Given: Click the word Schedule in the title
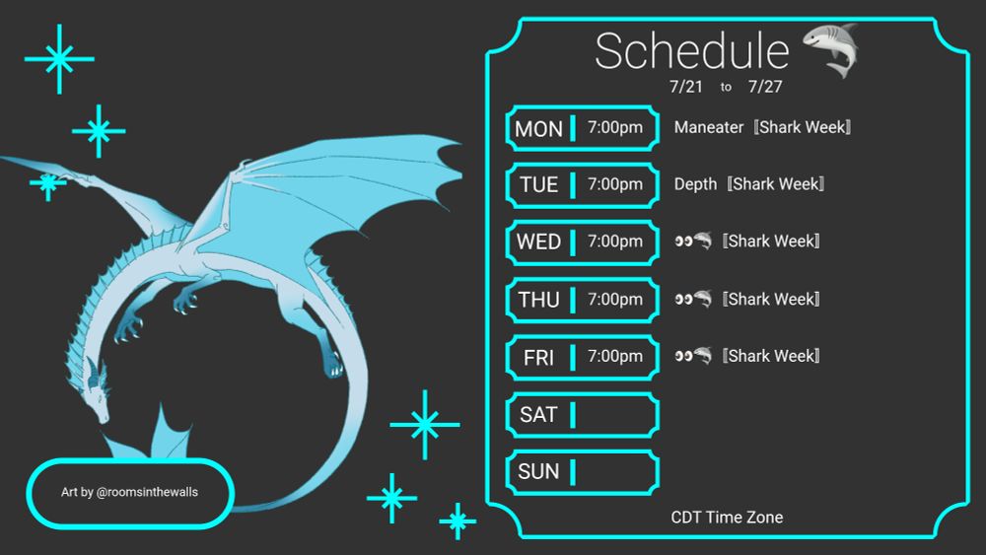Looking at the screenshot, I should [691, 51].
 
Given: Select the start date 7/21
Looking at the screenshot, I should [686, 87].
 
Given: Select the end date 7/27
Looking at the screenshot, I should [765, 87].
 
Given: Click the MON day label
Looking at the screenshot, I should [538, 129].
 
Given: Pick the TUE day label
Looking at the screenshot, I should [538, 185].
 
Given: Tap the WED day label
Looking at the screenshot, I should [538, 243].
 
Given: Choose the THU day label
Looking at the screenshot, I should [538, 300].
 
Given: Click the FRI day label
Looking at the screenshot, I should [538, 358].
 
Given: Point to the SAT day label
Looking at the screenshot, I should [538, 415].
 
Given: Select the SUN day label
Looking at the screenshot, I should [538, 472].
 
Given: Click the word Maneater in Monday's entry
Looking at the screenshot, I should [709, 127].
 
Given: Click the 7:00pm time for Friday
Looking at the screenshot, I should [615, 356].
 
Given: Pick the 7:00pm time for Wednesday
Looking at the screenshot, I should [615, 242].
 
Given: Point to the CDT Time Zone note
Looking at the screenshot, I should [727, 518].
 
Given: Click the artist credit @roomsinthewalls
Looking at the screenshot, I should [148, 491].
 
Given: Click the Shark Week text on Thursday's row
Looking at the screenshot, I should [774, 299].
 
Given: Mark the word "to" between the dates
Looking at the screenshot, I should [726, 88].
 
